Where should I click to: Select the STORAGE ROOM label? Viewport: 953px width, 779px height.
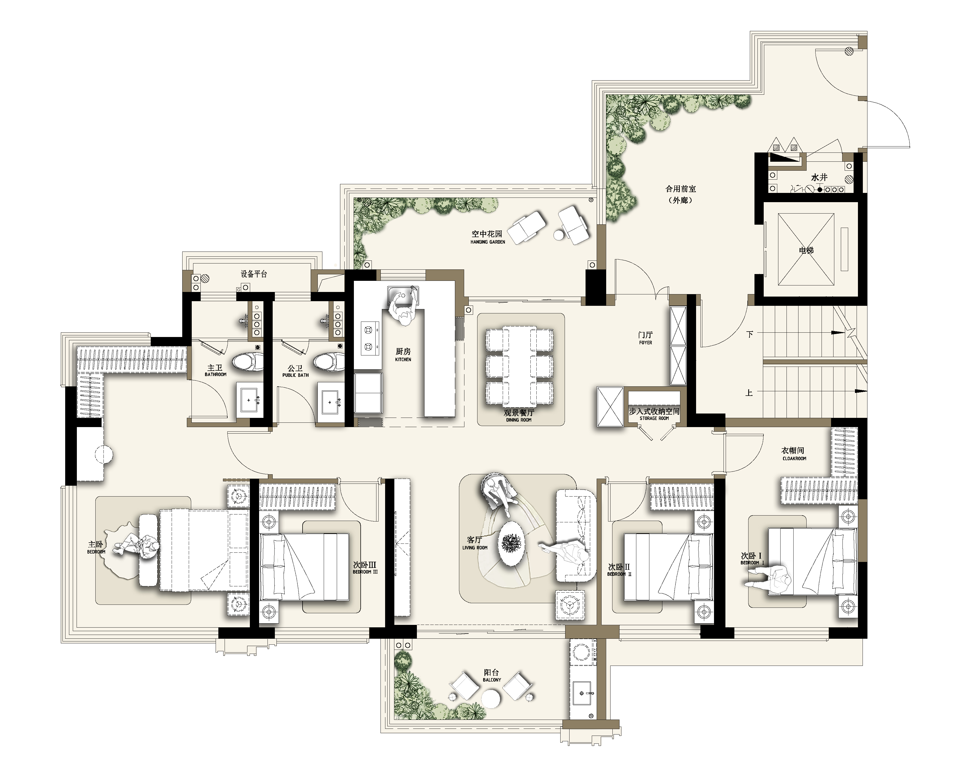coord(654,418)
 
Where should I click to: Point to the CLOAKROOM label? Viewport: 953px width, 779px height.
coord(794,459)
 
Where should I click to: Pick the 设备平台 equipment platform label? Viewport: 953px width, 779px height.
coord(254,274)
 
